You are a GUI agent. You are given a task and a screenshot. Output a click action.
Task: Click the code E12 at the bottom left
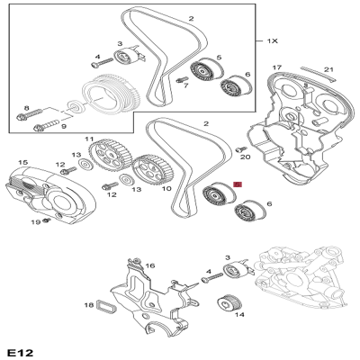[x=19, y=348]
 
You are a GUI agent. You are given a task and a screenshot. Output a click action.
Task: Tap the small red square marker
[x=238, y=184]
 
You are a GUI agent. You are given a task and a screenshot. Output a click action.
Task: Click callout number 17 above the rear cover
[x=277, y=67]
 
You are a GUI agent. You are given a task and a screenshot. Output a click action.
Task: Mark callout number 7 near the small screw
[x=184, y=85]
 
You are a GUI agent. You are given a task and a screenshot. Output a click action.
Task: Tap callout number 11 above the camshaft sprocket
[x=89, y=139]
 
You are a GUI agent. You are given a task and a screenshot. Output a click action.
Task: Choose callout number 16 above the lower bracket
[x=150, y=266]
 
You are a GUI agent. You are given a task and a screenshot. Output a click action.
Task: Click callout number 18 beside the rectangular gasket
[x=88, y=306]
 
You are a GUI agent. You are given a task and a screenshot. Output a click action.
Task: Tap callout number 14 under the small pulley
[x=238, y=316]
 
